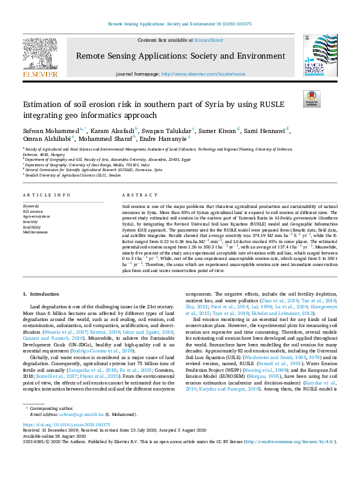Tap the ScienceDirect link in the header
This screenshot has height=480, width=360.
tap(208, 39)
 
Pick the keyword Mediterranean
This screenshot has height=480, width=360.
tap(36, 232)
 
